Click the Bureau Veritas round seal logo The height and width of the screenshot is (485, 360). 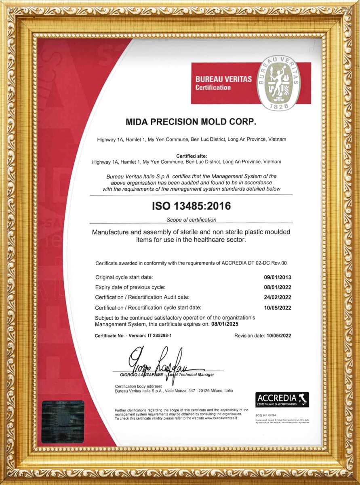pyautogui.click(x=279, y=83)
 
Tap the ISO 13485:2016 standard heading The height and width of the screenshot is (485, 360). pyautogui.click(x=191, y=206)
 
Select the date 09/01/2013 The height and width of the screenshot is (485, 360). pyautogui.click(x=277, y=278)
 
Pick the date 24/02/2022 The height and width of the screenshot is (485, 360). pyautogui.click(x=277, y=297)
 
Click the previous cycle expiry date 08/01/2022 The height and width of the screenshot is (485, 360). pyautogui.click(x=277, y=288)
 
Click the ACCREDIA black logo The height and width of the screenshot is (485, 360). pyautogui.click(x=282, y=399)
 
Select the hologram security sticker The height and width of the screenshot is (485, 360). pyautogui.click(x=63, y=422)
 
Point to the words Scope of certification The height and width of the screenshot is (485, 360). pyautogui.click(x=191, y=220)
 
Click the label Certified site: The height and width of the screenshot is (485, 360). pyautogui.click(x=191, y=156)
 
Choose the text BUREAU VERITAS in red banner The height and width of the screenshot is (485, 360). pyautogui.click(x=223, y=80)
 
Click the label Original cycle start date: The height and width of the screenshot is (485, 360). pyautogui.click(x=124, y=278)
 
